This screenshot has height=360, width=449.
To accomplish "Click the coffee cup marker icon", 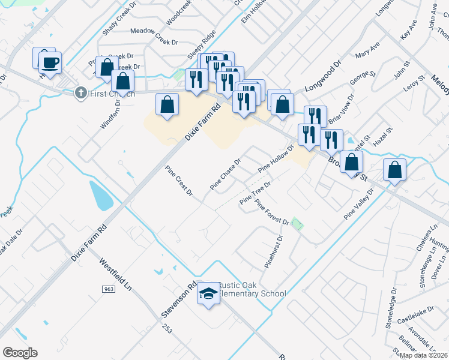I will (x=50, y=61).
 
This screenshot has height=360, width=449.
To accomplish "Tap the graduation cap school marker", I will (x=208, y=293).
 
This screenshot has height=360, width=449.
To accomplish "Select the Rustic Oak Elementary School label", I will (x=250, y=289).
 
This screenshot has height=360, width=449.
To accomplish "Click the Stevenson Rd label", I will (x=178, y=301).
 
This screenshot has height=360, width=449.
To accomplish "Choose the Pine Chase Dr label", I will (x=225, y=175).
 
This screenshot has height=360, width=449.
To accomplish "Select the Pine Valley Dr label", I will (x=358, y=205).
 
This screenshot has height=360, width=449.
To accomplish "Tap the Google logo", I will (x=20, y=352).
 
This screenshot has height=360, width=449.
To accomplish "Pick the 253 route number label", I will (x=167, y=329).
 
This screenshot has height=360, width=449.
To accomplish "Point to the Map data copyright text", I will (x=423, y=355).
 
